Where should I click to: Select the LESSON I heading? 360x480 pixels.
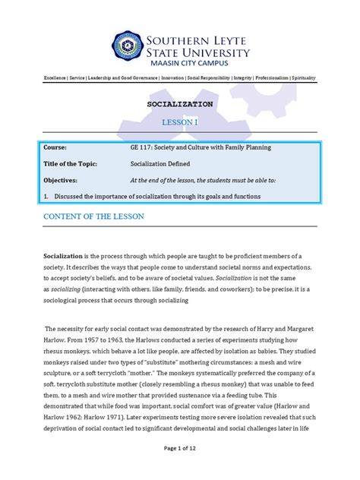pyautogui.click(x=180, y=122)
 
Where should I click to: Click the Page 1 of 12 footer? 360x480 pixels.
pyautogui.click(x=180, y=470)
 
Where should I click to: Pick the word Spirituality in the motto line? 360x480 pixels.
pyautogui.click(x=303, y=78)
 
